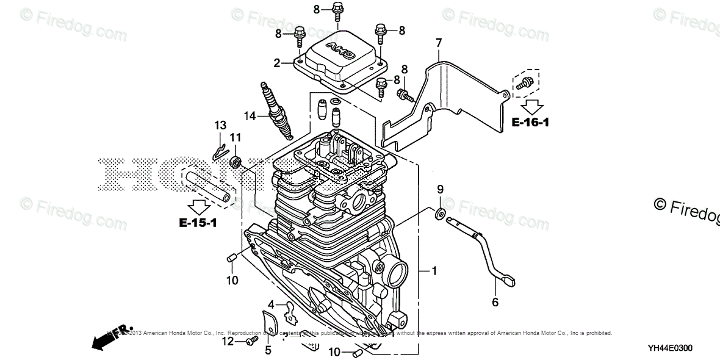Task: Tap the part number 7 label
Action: pos(438,42)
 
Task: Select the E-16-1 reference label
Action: pos(530,123)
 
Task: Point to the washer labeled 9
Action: pos(439,214)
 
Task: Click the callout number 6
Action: pos(495,301)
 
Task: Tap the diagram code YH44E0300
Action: pos(670,348)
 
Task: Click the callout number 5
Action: pos(267,350)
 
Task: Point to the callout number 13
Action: pos(220,125)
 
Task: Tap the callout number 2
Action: pos(276,62)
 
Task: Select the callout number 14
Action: pos(249,115)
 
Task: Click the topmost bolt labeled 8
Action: pos(337,10)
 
